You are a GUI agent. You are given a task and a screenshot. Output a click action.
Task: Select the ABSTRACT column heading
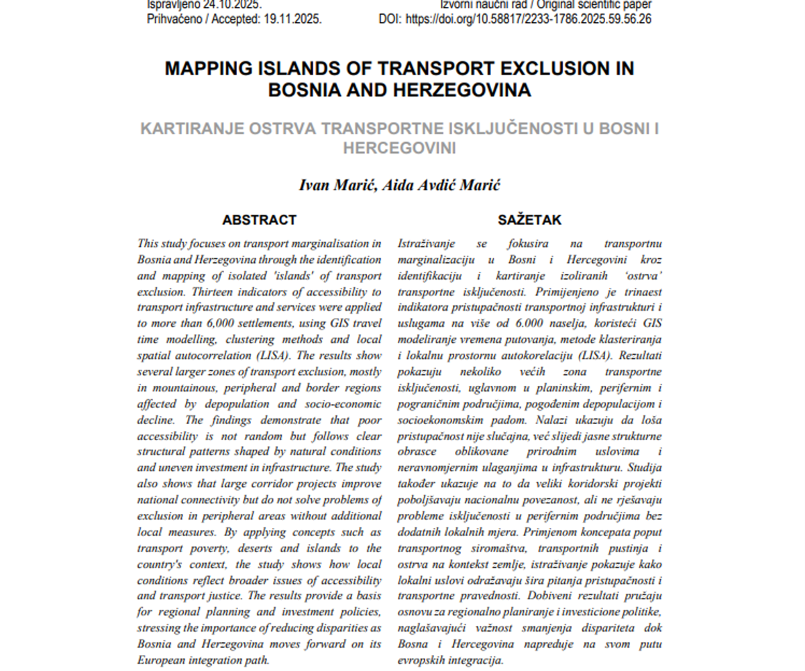tap(259, 220)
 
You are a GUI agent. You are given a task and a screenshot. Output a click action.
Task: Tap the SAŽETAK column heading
tap(530, 220)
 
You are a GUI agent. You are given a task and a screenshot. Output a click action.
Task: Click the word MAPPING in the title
tap(213, 68)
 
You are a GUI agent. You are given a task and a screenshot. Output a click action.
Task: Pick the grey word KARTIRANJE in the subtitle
tap(192, 128)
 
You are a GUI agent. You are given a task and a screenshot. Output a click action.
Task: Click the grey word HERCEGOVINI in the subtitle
tap(400, 148)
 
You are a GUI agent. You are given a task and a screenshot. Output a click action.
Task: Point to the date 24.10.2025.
tap(232, 4)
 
